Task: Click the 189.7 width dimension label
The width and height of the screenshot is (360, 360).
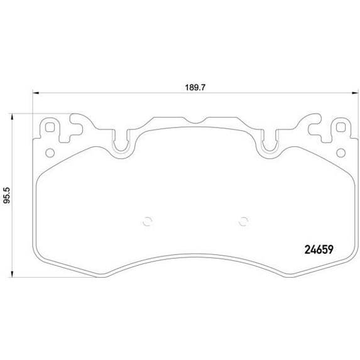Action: tap(195, 87)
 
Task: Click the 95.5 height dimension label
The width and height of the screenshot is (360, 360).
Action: tap(7, 195)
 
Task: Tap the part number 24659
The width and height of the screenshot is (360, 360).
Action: tap(319, 249)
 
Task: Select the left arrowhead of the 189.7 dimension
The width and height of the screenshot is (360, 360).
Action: tap(36, 93)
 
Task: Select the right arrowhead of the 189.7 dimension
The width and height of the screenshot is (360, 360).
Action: tap(355, 93)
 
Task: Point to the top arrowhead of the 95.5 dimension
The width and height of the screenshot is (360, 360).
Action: tap(12, 117)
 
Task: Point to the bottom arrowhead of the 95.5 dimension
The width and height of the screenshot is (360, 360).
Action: tap(12, 274)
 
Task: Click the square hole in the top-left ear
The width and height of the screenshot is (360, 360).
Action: tap(50, 128)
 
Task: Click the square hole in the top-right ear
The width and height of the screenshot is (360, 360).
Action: tap(341, 128)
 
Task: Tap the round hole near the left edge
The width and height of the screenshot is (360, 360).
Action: tap(50, 153)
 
